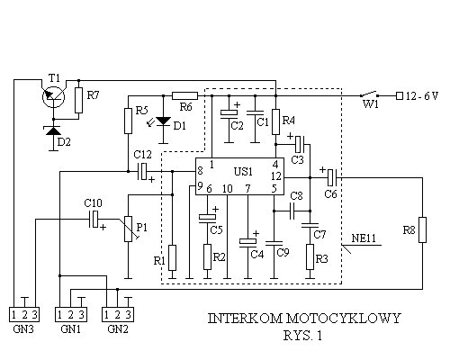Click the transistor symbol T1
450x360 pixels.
(x=53, y=96)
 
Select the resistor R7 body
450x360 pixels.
(x=78, y=100)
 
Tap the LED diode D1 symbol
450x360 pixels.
(x=164, y=121)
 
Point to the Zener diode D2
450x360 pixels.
(x=53, y=130)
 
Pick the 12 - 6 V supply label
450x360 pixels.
(x=422, y=96)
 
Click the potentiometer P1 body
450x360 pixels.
(x=128, y=229)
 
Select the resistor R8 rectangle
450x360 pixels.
(x=422, y=229)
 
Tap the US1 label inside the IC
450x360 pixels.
(x=243, y=172)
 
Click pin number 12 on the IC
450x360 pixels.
(x=276, y=176)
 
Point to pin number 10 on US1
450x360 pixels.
(x=228, y=189)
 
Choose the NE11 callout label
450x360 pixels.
(x=364, y=238)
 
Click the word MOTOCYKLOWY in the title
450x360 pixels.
(x=343, y=319)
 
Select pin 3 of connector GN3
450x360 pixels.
(x=34, y=315)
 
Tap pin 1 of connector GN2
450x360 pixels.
(x=106, y=315)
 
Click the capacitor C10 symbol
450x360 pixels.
(x=94, y=219)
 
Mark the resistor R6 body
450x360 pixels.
(x=184, y=96)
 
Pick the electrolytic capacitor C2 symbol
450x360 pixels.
(x=229, y=112)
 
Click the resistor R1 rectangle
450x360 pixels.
(x=172, y=257)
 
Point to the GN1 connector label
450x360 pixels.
(x=70, y=329)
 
